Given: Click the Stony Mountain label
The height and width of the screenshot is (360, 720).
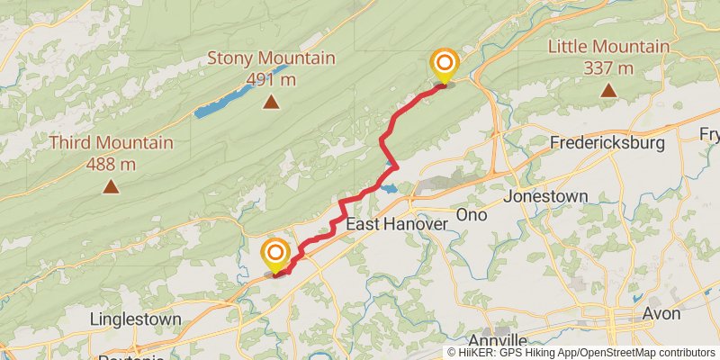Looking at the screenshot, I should (271, 58).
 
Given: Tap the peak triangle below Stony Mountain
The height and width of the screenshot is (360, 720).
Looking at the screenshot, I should (271, 103).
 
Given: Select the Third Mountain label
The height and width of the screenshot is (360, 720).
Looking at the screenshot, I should (111, 143).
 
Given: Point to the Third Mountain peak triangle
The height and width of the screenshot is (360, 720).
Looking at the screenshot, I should (111, 186).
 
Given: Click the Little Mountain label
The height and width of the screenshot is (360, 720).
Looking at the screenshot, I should (609, 47).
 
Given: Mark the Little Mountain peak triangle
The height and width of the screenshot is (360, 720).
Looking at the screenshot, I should (609, 90).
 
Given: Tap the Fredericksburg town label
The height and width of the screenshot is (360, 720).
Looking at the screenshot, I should (607, 143).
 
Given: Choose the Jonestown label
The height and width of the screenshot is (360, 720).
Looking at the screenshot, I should (545, 196).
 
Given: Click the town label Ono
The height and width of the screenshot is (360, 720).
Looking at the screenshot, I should (472, 214).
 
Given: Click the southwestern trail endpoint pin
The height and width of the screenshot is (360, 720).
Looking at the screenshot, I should (274, 255).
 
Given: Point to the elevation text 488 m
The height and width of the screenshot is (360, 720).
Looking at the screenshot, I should (111, 163).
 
